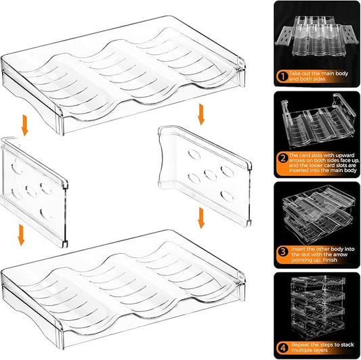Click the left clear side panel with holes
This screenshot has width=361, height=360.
click(x=38, y=189)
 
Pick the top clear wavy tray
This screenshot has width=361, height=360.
click(x=122, y=68)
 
